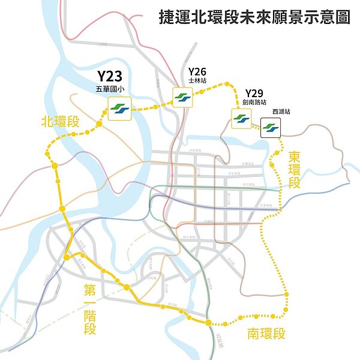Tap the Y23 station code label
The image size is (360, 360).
click(x=110, y=77)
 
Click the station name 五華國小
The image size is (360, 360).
click(x=110, y=89)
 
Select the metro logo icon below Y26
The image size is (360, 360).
click(x=182, y=97)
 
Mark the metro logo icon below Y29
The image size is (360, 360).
click(x=241, y=119)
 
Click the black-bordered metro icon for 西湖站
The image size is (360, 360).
click(x=271, y=127)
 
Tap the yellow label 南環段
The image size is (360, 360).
click(x=266, y=334)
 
